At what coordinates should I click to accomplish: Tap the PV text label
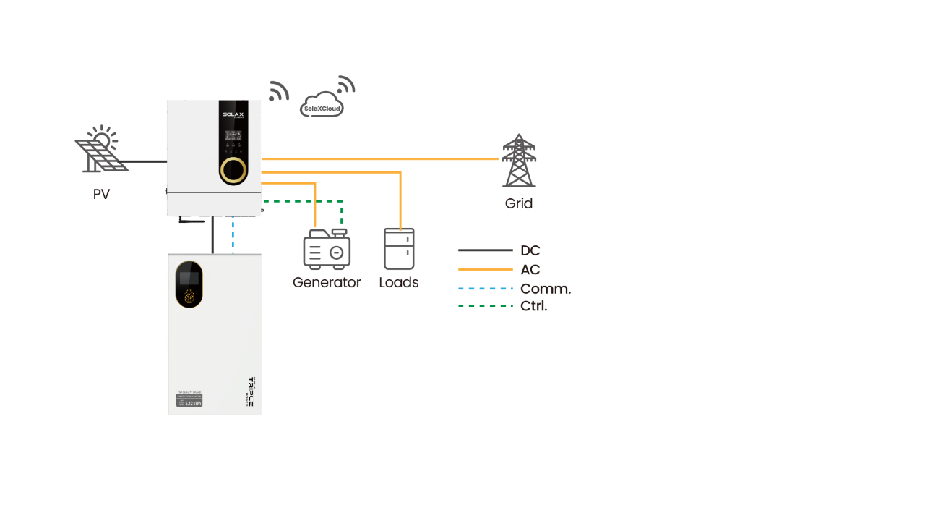pos(102,194)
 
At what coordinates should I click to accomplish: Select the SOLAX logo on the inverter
pos(233,115)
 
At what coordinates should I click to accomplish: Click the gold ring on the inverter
pos(233,169)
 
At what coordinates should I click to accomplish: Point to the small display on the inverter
pos(233,135)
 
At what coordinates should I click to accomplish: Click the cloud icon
pos(322,105)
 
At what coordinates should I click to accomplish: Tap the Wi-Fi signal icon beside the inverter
pos(277,92)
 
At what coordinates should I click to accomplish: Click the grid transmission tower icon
pos(519,160)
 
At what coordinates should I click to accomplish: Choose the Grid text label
pos(519,204)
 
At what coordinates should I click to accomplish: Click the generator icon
pos(327,250)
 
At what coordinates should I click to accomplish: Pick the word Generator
pos(327,282)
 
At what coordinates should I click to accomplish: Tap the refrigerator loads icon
pos(399,249)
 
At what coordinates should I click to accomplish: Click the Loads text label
pos(399,282)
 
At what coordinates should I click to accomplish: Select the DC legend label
pos(530,251)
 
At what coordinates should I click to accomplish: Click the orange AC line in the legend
pos(485,270)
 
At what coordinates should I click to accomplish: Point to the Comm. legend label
pos(546,289)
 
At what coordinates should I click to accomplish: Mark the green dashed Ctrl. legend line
pos(485,306)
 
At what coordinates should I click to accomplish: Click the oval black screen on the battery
pos(189,284)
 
